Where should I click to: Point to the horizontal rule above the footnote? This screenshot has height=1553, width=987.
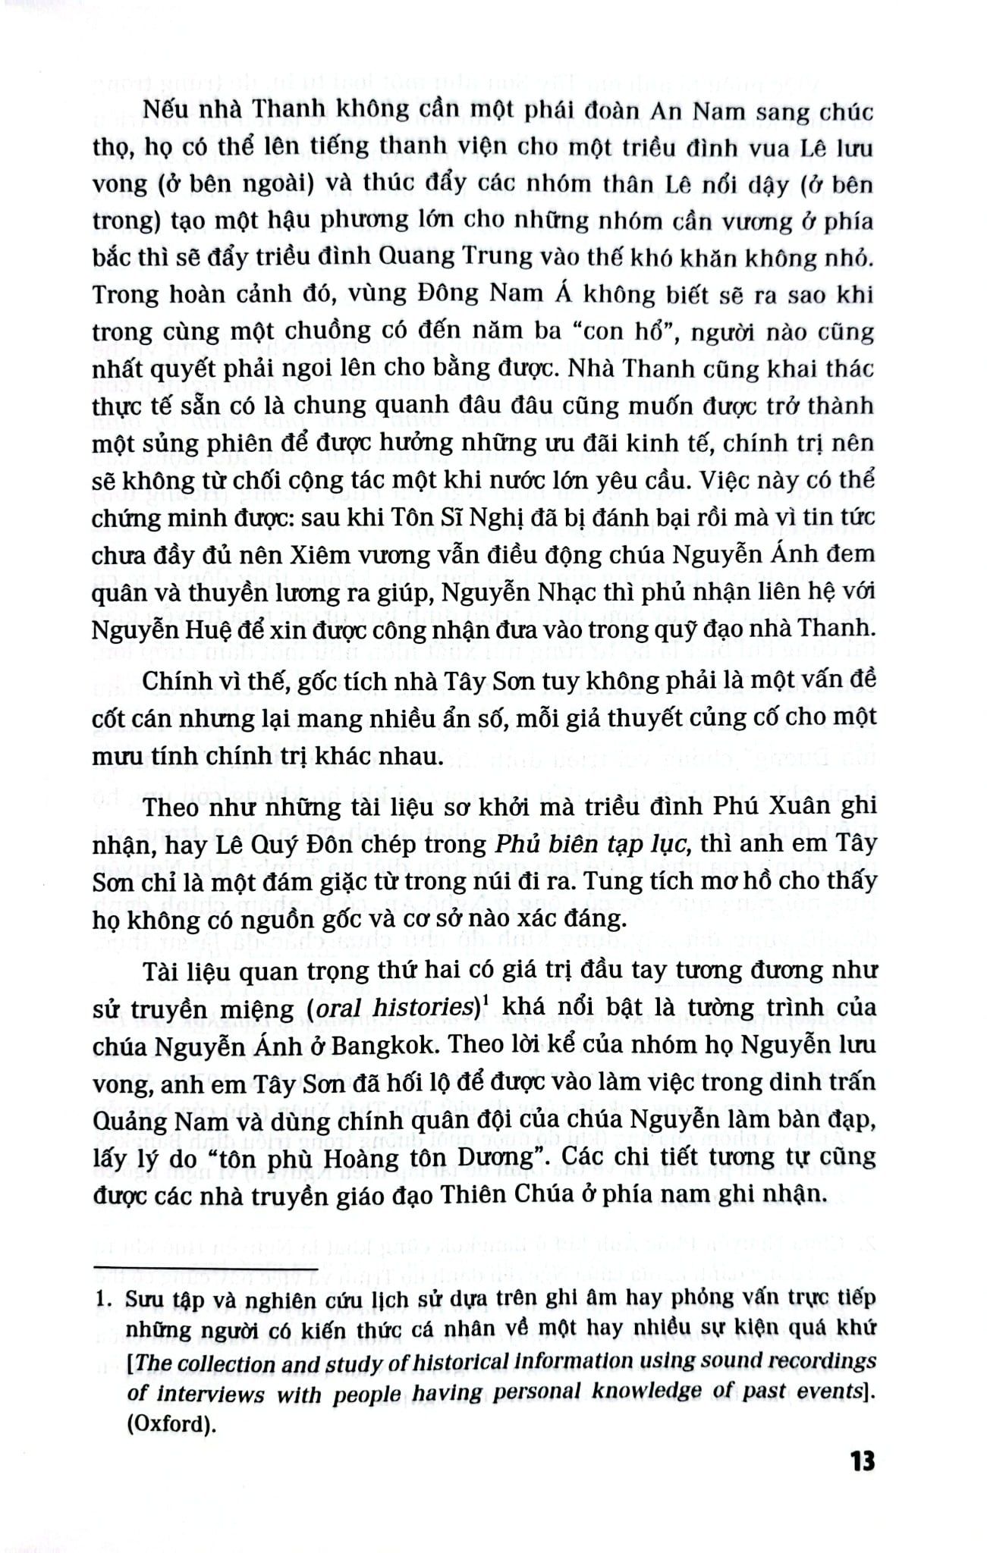tap(204, 1268)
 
